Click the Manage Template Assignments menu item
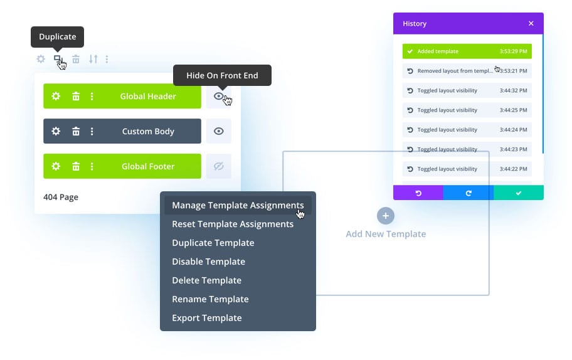(238, 205)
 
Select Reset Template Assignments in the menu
(233, 224)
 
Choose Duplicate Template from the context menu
(213, 243)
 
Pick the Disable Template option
(208, 262)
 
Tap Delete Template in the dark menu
(206, 280)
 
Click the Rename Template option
(210, 299)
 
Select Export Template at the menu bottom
(207, 318)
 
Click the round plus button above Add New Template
(386, 216)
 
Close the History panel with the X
(531, 24)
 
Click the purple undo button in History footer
(418, 193)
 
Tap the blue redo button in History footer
(469, 193)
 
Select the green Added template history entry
(467, 51)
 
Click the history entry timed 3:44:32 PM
(467, 90)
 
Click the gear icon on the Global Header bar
(56, 96)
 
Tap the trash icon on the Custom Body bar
(76, 131)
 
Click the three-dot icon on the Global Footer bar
(92, 166)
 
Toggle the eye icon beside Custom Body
(219, 131)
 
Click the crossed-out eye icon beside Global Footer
(219, 166)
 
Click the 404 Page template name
(61, 197)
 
